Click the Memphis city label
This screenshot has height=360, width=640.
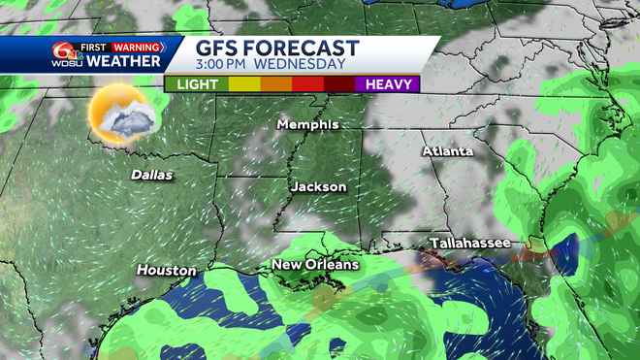pyautogui.click(x=307, y=125)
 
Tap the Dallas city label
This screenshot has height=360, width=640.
pyautogui.click(x=152, y=176)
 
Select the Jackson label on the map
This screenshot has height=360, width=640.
pyautogui.click(x=317, y=186)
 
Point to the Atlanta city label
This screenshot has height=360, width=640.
pyautogui.click(x=447, y=151)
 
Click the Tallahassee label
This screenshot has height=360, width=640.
pyautogui.click(x=470, y=243)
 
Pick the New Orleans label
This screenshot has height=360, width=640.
pyautogui.click(x=315, y=264)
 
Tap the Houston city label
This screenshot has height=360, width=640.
pyautogui.click(x=166, y=270)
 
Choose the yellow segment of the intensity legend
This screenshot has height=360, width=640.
pyautogui.click(x=245, y=84)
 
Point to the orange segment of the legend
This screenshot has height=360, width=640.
pyautogui.click(x=277, y=84)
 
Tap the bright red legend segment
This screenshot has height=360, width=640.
pyautogui.click(x=308, y=84)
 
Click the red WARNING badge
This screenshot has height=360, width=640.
pyautogui.click(x=136, y=46)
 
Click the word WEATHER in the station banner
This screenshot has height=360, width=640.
pyautogui.click(x=124, y=61)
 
